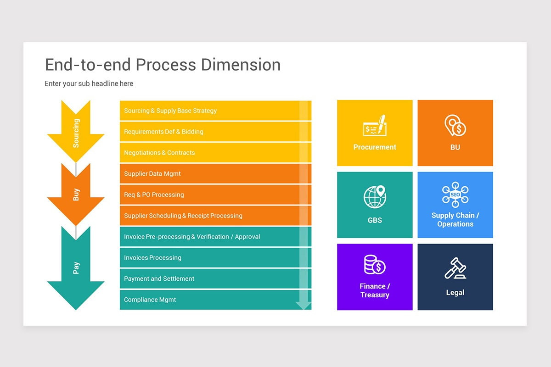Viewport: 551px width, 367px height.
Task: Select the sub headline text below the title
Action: pos(89,83)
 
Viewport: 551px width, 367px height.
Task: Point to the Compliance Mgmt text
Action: pos(150,300)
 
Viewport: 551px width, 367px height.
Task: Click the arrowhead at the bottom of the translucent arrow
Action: pos(304,305)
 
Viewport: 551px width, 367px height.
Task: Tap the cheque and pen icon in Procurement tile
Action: pos(375,126)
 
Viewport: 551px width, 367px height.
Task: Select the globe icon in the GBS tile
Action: pos(375,196)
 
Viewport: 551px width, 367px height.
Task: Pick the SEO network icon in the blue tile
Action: pos(455,194)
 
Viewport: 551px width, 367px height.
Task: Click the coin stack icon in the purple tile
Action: pos(375,265)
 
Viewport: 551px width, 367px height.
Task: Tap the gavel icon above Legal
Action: pos(455,268)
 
